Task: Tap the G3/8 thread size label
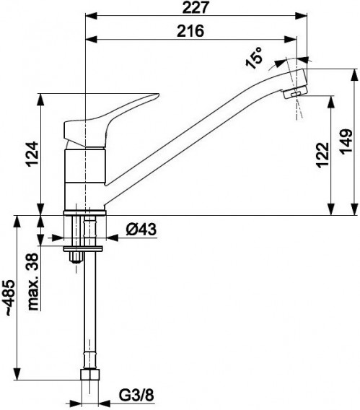[x=136, y=394]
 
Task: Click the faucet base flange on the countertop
[x=87, y=211]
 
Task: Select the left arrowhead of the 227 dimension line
[x=88, y=15]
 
